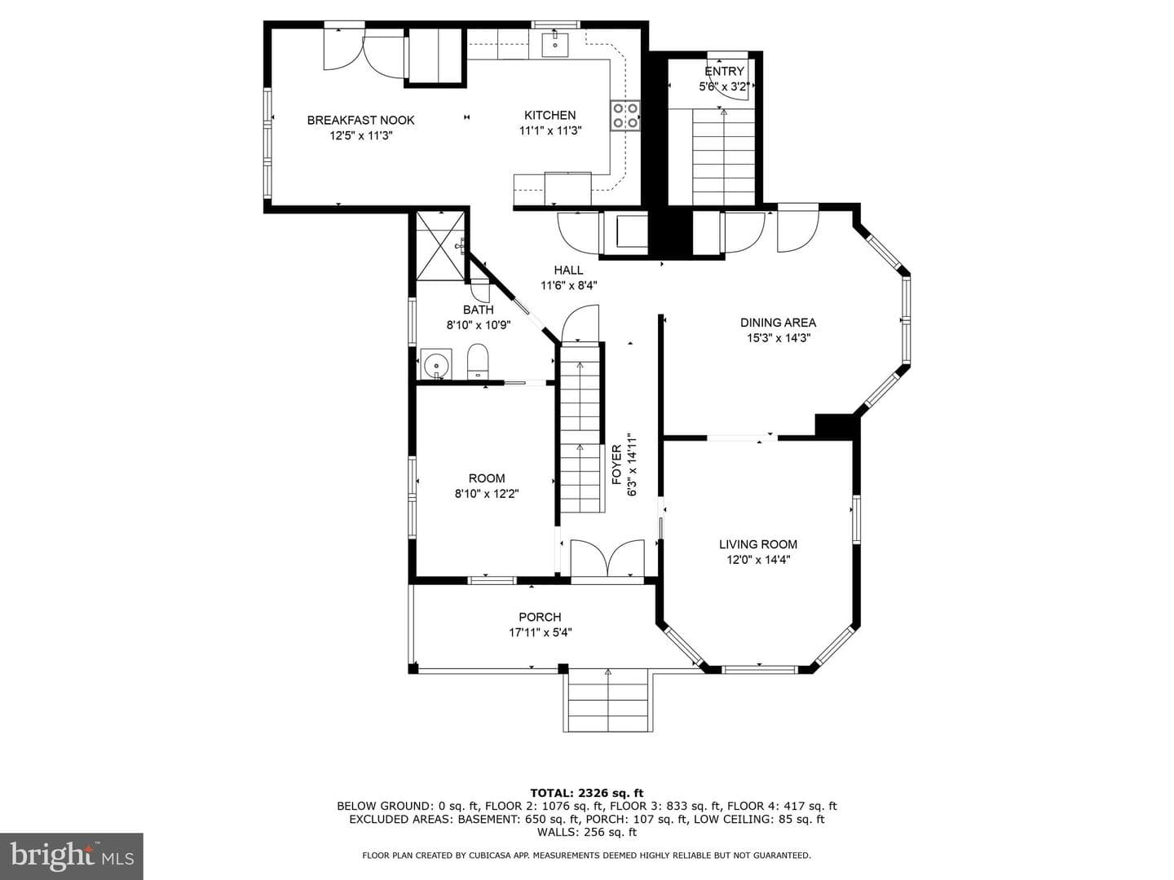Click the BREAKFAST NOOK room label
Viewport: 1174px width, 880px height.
[360, 121]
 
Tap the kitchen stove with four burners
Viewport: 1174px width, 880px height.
[625, 116]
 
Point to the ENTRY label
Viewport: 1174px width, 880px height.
[724, 71]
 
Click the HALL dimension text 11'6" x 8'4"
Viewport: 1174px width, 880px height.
[568, 285]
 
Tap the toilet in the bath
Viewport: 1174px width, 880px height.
[478, 361]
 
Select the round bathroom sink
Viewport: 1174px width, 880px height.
[436, 364]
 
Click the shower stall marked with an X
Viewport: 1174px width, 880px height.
[439, 246]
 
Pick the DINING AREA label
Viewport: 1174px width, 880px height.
[778, 322]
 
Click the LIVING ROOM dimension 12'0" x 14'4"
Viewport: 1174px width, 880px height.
[758, 560]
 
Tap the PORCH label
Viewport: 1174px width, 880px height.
[540, 617]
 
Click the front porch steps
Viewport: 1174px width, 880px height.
[608, 700]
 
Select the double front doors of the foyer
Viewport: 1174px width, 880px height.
[607, 559]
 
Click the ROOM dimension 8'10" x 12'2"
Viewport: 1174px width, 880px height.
[487, 494]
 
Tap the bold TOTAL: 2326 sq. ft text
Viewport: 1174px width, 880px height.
[587, 793]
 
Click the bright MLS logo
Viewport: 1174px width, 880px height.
[72, 856]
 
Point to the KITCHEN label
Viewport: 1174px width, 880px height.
[549, 115]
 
